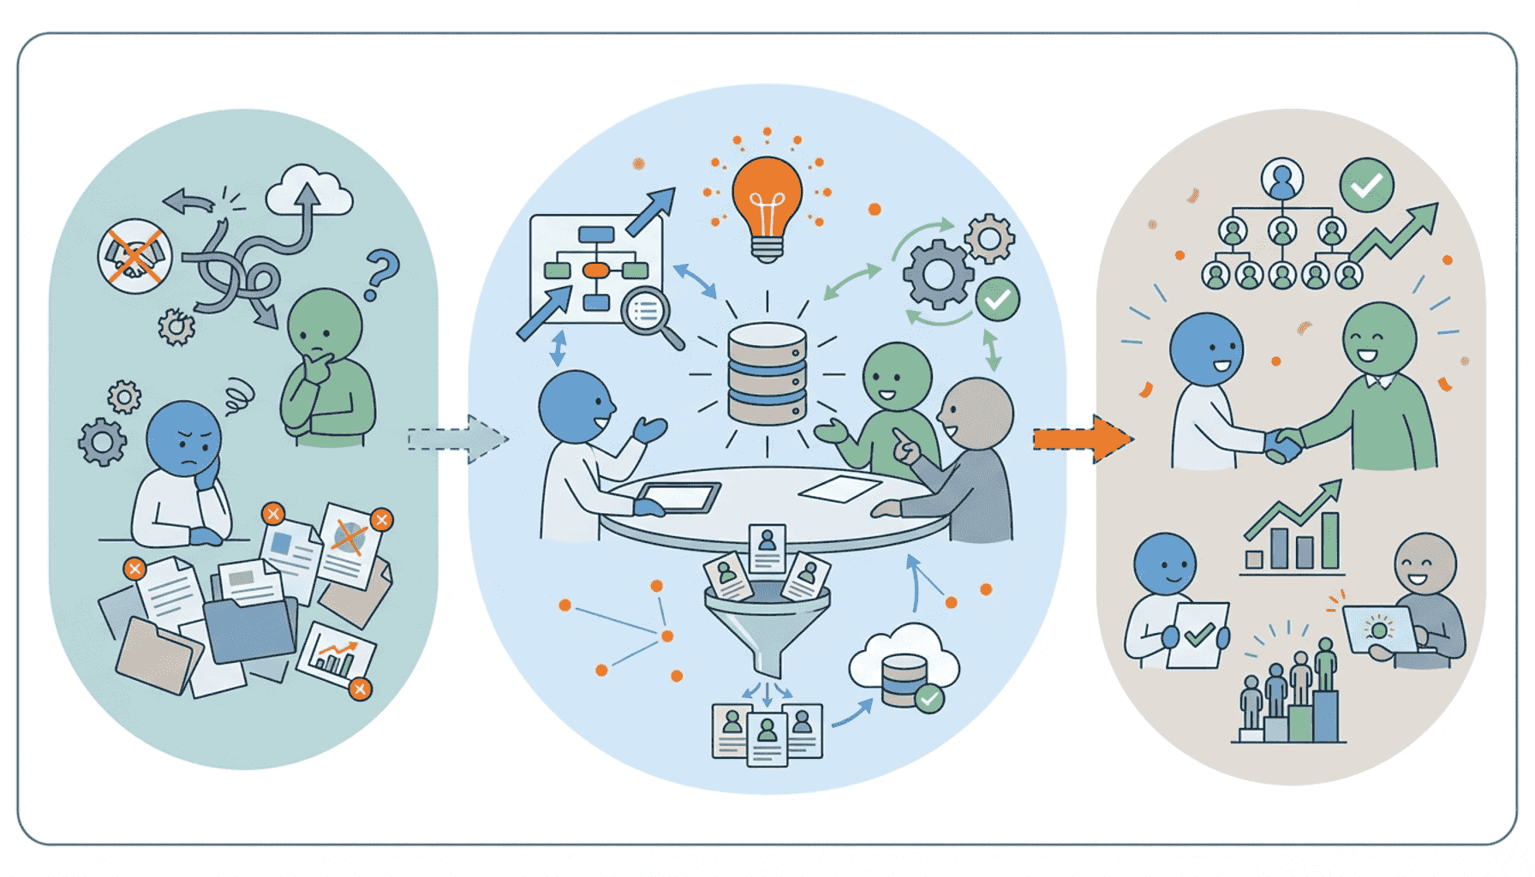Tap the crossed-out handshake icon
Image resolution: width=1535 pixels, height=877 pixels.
click(134, 256)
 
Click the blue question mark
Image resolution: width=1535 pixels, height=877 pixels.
click(380, 272)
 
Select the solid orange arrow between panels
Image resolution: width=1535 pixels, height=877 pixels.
click(1082, 439)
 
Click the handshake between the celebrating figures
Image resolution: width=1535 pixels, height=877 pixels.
click(1284, 444)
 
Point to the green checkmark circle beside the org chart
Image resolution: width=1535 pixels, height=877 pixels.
click(1366, 184)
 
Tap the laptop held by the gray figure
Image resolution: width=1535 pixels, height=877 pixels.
click(1380, 629)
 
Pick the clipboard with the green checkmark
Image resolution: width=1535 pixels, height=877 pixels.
click(1199, 635)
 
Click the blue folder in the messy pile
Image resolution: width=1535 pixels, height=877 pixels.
click(249, 629)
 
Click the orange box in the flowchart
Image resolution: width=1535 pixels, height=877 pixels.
click(595, 271)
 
